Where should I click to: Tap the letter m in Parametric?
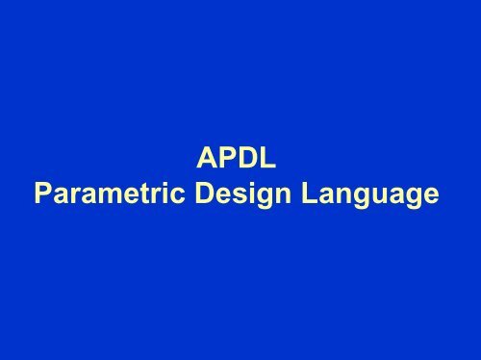(x=109, y=197)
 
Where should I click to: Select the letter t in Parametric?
(x=144, y=195)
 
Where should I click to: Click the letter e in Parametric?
(x=129, y=197)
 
